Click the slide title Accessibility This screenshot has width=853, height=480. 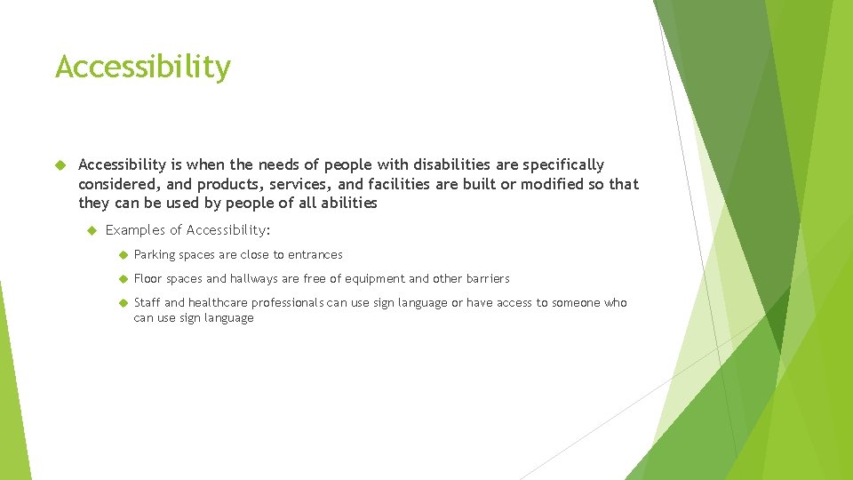pos(142,68)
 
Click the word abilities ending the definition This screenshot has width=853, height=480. pos(347,203)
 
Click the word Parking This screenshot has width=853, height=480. pos(154,255)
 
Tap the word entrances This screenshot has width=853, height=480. pos(315,255)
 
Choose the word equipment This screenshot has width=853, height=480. pos(373,279)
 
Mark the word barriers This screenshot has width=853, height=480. pos(488,279)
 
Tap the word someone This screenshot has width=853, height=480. pos(576,303)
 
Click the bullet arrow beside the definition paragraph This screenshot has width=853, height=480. pos(61,164)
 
